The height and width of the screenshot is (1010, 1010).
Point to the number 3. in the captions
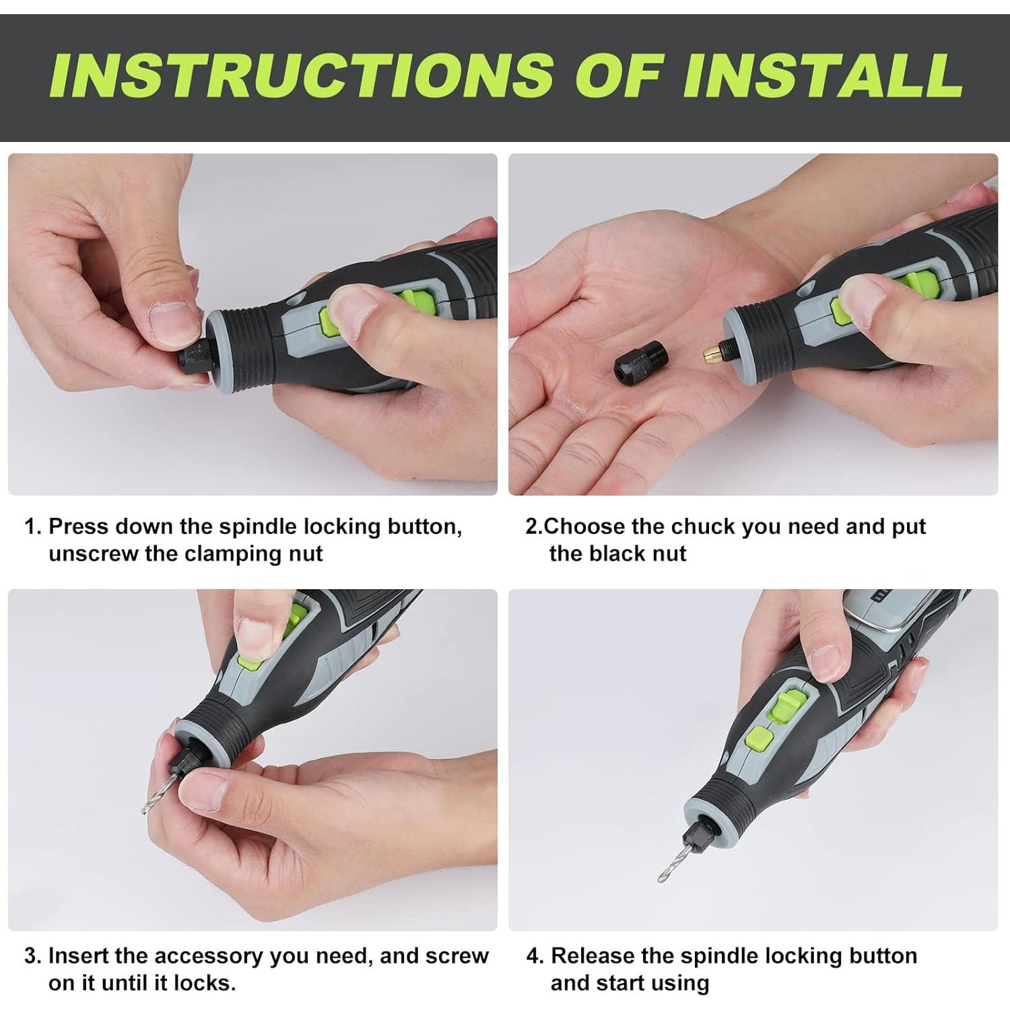pos(33,956)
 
